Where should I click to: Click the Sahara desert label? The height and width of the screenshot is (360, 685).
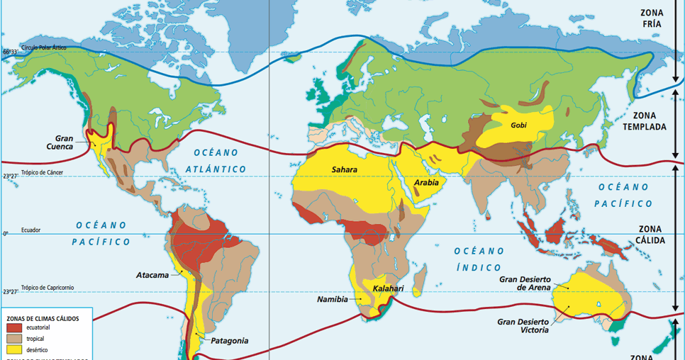pyautogui.click(x=344, y=170)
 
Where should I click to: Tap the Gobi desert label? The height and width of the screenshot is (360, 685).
pyautogui.click(x=518, y=125)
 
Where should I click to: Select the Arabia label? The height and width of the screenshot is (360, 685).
pyautogui.click(x=426, y=183)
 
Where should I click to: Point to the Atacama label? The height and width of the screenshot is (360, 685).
pyautogui.click(x=152, y=275)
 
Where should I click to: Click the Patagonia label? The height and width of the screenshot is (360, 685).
pyautogui.click(x=229, y=341)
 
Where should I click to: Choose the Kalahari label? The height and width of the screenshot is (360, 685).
pyautogui.click(x=388, y=288)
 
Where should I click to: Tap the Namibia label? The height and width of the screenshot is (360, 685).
pyautogui.click(x=332, y=300)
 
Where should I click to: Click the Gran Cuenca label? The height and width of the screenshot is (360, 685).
pyautogui.click(x=70, y=143)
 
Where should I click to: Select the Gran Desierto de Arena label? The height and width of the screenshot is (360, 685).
pyautogui.click(x=525, y=283)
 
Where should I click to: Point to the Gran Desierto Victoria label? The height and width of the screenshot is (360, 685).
pyautogui.click(x=525, y=326)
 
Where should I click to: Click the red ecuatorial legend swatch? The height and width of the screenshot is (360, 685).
pyautogui.click(x=14, y=328)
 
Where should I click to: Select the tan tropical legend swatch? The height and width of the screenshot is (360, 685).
pyautogui.click(x=14, y=339)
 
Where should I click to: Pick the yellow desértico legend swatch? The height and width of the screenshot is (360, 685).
pyautogui.click(x=14, y=349)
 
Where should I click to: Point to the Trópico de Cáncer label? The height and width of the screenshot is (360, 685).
pyautogui.click(x=44, y=172)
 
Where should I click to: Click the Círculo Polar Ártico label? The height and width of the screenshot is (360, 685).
pyautogui.click(x=44, y=47)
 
